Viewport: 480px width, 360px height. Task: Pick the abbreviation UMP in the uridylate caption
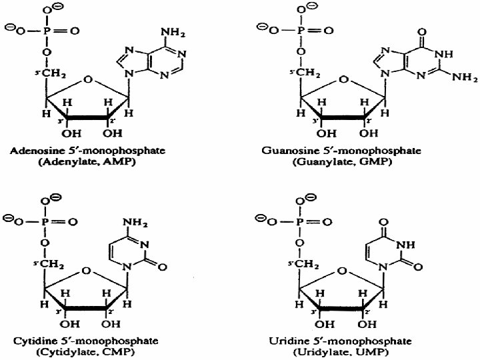click(x=379, y=353)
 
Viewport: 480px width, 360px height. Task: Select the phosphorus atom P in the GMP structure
click(x=301, y=31)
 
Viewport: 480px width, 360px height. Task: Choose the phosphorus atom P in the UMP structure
click(x=301, y=221)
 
